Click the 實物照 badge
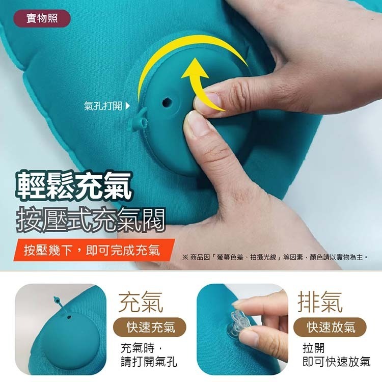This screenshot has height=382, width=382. point(42,19)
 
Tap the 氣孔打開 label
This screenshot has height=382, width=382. point(103,106)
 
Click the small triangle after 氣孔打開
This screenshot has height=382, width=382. point(127,106)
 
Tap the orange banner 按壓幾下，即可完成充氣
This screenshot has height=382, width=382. point(92,251)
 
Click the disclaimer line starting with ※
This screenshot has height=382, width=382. point(275,257)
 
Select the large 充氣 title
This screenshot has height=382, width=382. point(141,302)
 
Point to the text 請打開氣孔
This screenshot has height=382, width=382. point(149,362)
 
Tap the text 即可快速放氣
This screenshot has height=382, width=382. point(336,362)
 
